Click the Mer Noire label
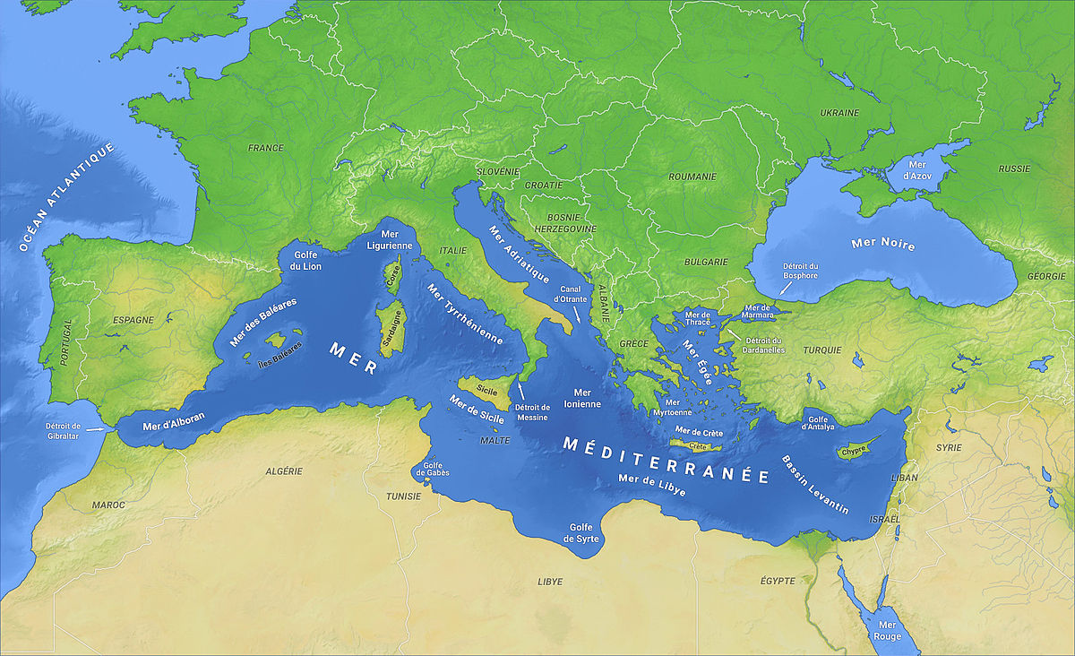[x=883, y=243]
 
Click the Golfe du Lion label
[x=301, y=260]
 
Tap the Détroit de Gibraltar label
[x=63, y=430]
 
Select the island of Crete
[x=699, y=446]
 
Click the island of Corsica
[x=392, y=277]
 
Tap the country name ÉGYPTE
[x=777, y=581]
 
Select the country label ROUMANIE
[x=692, y=177]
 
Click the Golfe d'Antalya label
[x=821, y=423]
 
